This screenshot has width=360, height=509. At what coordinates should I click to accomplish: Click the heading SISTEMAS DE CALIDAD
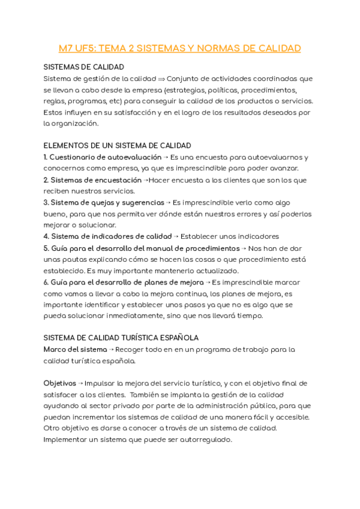83,67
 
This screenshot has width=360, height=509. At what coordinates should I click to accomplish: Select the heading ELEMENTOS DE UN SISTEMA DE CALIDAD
117,145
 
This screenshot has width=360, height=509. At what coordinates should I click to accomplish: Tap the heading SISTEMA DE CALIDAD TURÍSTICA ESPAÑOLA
121,338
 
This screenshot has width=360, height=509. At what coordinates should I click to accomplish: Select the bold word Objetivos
59,383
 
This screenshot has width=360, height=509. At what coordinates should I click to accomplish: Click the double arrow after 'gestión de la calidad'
160,79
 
